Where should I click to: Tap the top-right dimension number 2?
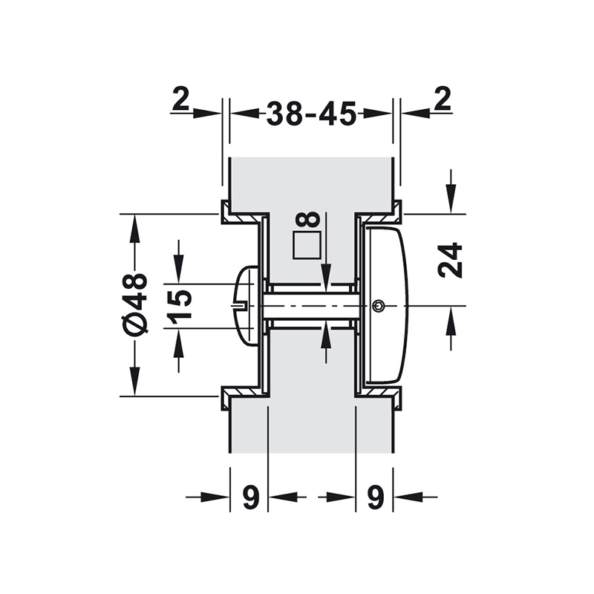point(443,100)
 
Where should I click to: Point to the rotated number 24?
point(449,260)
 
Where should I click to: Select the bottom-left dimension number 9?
point(250,498)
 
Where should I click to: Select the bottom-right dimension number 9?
point(375,498)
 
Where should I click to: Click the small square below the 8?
point(306,246)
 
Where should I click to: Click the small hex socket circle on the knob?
point(379,305)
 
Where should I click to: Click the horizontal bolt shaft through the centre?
point(312,305)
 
